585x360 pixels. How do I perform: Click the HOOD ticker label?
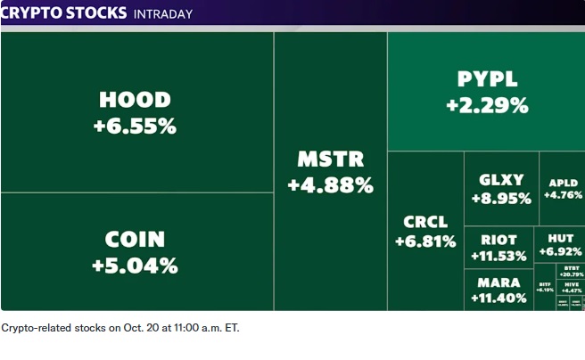pos(135,99)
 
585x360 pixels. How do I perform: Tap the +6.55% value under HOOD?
pos(135,126)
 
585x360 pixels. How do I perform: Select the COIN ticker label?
pos(135,239)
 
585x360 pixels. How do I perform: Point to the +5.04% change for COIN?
pos(135,266)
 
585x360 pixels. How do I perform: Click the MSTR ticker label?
pos(330,160)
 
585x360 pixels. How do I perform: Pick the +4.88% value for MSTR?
pos(330,185)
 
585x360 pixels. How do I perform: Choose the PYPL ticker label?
pos(487,79)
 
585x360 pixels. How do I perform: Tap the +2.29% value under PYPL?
pos(487,105)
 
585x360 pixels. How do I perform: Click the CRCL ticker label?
pos(426,222)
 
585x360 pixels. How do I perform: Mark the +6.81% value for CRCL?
pos(426,241)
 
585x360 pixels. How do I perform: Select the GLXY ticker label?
pos(501,180)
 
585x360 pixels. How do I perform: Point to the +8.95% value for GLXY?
pos(501,199)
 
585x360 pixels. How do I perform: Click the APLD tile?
pos(562,188)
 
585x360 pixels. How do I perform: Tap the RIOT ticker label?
pos(498,240)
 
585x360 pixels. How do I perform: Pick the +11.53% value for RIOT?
pos(498,257)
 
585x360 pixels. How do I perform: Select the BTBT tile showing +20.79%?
pos(570,271)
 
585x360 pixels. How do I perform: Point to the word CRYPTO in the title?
pos(34,14)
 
